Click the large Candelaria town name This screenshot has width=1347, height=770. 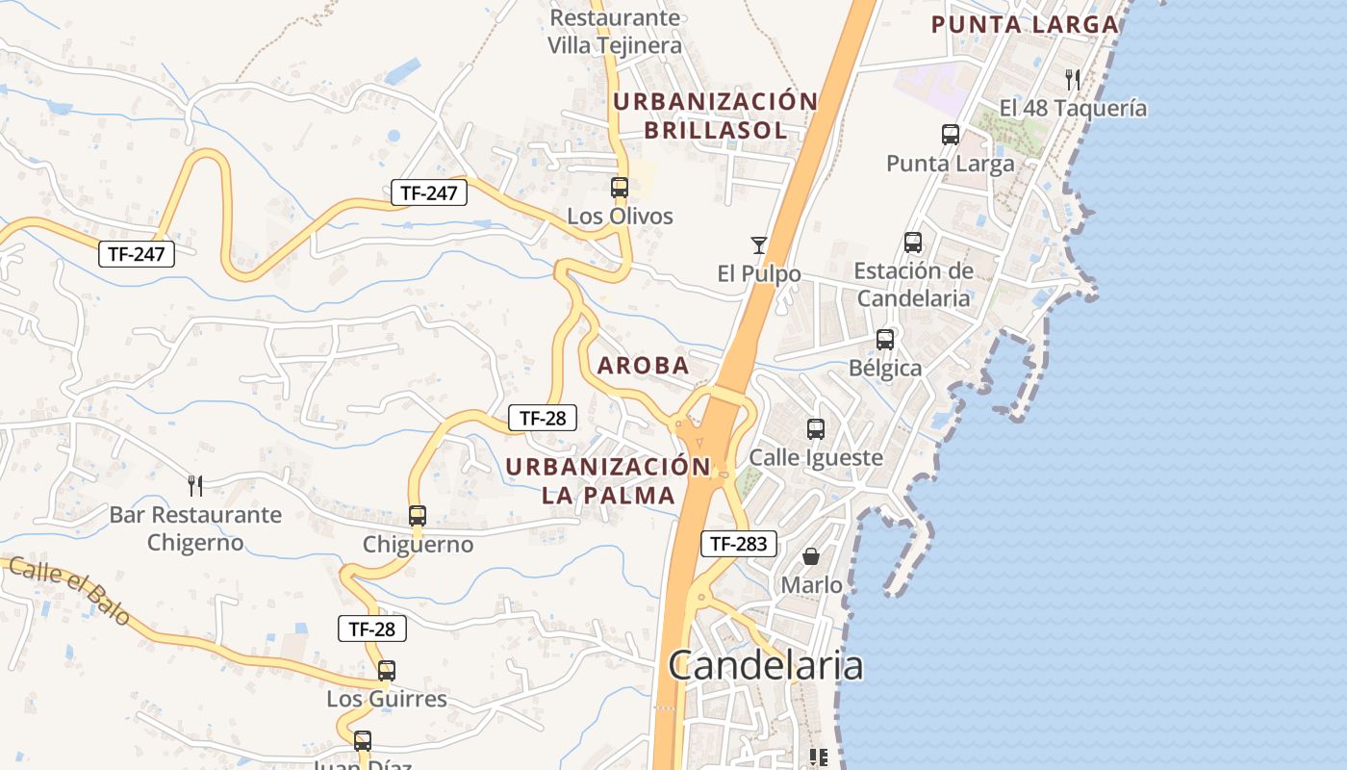click(x=765, y=665)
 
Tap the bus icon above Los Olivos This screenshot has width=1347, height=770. click(x=620, y=188)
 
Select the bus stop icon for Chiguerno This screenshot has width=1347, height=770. click(x=417, y=516)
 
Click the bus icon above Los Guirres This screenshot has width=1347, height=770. click(x=386, y=670)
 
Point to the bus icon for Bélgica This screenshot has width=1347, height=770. click(x=884, y=340)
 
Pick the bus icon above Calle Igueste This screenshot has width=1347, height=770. click(x=816, y=428)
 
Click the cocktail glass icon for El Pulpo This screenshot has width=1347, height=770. click(x=759, y=245)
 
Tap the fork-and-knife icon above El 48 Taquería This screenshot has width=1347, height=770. click(x=1073, y=79)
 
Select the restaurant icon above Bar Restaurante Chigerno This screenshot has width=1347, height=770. click(x=195, y=485)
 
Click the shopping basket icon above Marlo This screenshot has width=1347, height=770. click(x=811, y=556)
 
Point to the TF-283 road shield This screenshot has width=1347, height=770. click(x=738, y=544)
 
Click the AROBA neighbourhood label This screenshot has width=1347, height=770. click(x=644, y=366)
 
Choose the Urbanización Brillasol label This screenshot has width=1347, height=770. click(x=716, y=115)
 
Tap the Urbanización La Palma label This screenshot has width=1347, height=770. click(x=608, y=481)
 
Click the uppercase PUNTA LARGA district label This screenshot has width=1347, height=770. click(x=1025, y=25)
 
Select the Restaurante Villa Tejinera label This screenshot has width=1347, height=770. click(x=615, y=32)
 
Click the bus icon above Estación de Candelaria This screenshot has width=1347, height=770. click(x=912, y=243)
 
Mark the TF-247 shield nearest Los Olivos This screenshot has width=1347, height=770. click(x=429, y=192)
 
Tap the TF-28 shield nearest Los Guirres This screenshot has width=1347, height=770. click(x=372, y=629)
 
